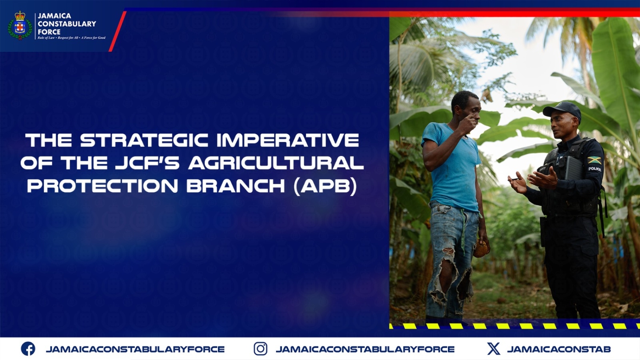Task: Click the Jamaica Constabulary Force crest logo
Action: click(20, 26)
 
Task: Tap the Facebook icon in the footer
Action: click(28, 348)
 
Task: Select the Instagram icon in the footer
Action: click(260, 348)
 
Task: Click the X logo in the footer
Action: click(494, 348)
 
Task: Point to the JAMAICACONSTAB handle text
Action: click(559, 349)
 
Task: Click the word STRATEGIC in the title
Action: click(144, 140)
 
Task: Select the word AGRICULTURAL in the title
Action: click(276, 163)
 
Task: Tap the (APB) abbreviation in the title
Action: click(325, 186)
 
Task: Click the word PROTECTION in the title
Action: click(102, 186)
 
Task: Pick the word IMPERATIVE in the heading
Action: click(288, 140)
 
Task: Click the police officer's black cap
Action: click(562, 110)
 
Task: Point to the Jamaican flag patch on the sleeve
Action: click(594, 160)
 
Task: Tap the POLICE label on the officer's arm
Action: click(594, 169)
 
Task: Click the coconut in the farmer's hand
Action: click(481, 250)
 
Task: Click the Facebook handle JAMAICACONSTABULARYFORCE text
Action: click(135, 349)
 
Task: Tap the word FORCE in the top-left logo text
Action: click(49, 32)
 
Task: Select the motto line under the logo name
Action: click(71, 38)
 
